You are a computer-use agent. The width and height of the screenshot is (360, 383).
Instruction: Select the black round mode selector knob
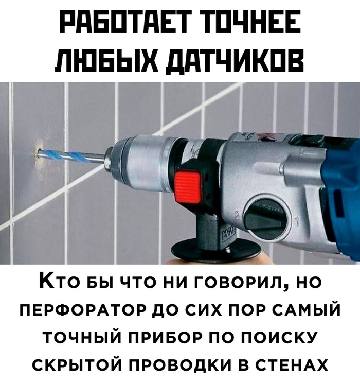tap(264, 215)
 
